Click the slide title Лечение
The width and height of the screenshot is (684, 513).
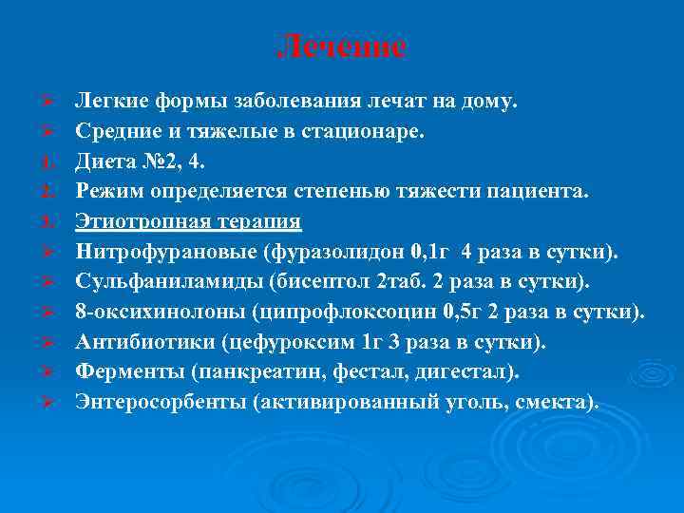(342, 47)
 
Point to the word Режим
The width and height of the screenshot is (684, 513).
(107, 192)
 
